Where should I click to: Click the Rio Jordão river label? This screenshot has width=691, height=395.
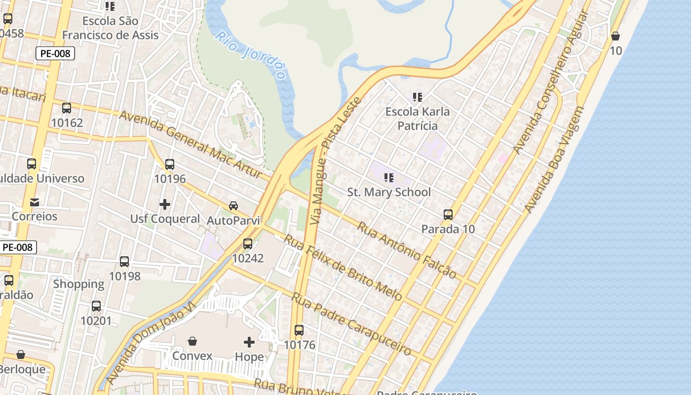pyautogui.click(x=251, y=55)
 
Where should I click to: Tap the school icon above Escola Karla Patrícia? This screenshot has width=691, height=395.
pyautogui.click(x=418, y=97)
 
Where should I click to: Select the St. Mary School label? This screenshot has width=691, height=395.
pyautogui.click(x=389, y=192)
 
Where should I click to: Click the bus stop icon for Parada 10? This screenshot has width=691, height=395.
pyautogui.click(x=448, y=215)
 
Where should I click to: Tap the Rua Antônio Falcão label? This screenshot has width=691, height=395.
pyautogui.click(x=407, y=250)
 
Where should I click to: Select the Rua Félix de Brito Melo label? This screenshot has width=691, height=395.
pyautogui.click(x=343, y=267)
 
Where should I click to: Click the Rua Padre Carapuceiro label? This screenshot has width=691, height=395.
pyautogui.click(x=351, y=324)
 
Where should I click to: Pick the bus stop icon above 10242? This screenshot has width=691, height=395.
pyautogui.click(x=248, y=244)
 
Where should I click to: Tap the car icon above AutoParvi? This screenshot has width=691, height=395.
pyautogui.click(x=233, y=205)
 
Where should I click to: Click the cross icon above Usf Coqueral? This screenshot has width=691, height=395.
pyautogui.click(x=165, y=204)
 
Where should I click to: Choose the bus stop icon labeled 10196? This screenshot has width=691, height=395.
pyautogui.click(x=170, y=164)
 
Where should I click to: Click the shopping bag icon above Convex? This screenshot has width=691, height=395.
pyautogui.click(x=192, y=341)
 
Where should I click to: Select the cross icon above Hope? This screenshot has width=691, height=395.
pyautogui.click(x=249, y=342)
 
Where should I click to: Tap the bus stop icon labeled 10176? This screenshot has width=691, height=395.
pyautogui.click(x=299, y=330)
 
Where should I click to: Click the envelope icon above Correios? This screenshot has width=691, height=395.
pyautogui.click(x=35, y=202)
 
